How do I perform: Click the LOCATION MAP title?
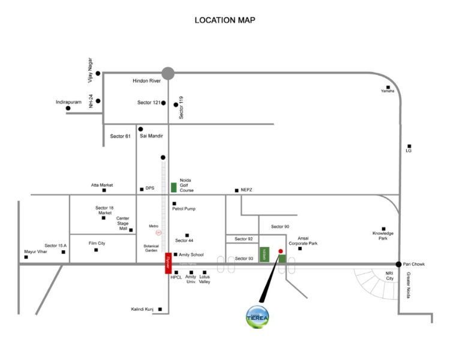[225, 20]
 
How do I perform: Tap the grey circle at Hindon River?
[168, 73]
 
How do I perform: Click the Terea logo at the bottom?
[258, 317]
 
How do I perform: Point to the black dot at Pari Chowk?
[398, 264]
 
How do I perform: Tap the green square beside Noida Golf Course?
[173, 187]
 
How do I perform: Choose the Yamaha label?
[388, 91]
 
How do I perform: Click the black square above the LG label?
[409, 145]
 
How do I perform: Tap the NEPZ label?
[247, 190]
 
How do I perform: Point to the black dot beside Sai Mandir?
[141, 129]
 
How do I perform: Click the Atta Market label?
[102, 185]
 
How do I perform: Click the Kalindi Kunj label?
[142, 310]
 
